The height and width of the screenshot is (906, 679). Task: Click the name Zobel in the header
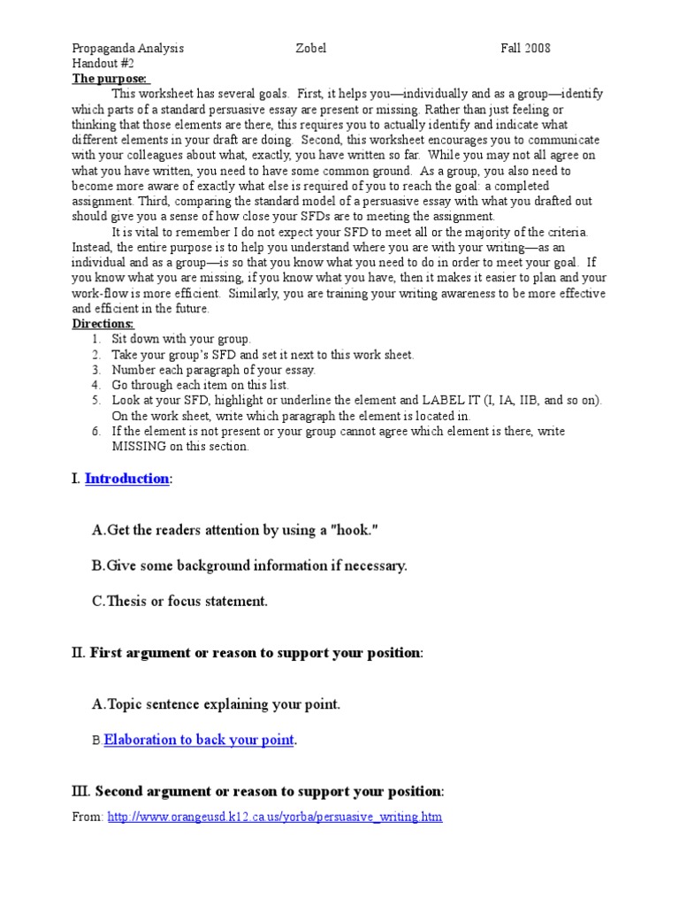[x=310, y=49]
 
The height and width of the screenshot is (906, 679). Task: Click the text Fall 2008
[x=525, y=49]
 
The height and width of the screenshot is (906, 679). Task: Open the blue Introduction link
[x=126, y=479]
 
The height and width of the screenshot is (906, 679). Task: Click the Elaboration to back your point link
[x=199, y=740]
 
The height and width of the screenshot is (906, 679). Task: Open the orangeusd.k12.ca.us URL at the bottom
[x=274, y=817]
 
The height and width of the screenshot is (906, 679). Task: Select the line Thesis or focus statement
[x=186, y=601]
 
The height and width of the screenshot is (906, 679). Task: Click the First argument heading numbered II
[x=256, y=652]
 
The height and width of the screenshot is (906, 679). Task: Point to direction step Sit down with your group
[x=181, y=339]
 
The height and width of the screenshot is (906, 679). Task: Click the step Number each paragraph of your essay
[x=213, y=370]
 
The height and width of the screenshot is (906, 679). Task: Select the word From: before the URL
[x=88, y=817]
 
